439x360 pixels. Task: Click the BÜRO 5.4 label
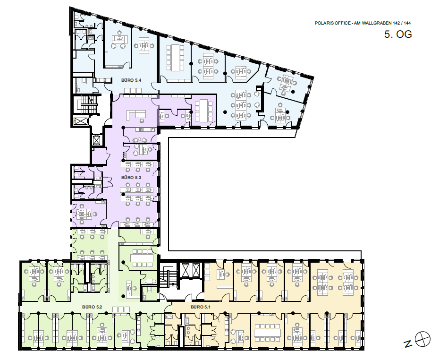(x=131, y=80)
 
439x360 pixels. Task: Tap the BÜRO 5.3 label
(x=131, y=178)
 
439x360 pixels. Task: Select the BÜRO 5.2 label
(x=92, y=307)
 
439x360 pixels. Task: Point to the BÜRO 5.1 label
(x=201, y=307)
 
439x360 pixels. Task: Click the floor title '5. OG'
(x=398, y=34)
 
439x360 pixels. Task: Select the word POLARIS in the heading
(x=322, y=23)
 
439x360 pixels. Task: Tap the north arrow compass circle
(x=422, y=339)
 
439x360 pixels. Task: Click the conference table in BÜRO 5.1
(x=267, y=333)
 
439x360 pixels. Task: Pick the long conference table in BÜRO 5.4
(x=175, y=58)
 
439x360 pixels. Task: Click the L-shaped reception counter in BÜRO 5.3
(x=136, y=115)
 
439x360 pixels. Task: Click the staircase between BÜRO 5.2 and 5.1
(x=169, y=276)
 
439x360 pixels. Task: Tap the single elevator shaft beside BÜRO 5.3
(x=96, y=139)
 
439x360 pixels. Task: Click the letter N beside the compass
(x=408, y=343)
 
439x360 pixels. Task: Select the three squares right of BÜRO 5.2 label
(x=121, y=309)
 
